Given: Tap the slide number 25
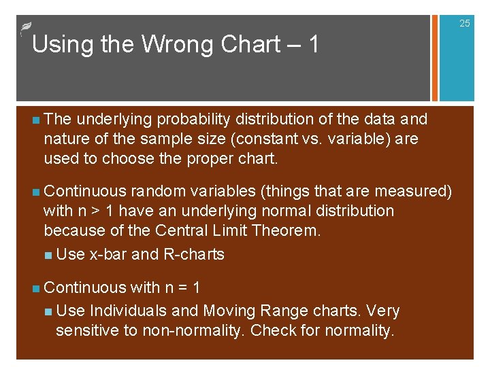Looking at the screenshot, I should click(464, 24).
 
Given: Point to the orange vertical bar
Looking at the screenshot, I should click(431, 58).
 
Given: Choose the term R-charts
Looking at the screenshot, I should click(194, 255).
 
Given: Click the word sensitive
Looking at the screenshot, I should click(85, 331).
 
